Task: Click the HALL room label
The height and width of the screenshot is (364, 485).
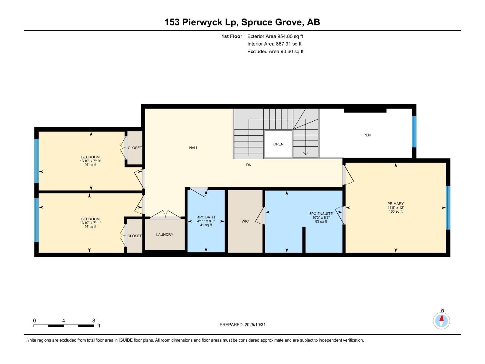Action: click(193, 148)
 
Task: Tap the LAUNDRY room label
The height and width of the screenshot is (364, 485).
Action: click(165, 234)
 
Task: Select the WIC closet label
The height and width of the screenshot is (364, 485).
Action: click(245, 221)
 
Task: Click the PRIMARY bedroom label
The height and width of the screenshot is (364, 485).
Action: click(395, 204)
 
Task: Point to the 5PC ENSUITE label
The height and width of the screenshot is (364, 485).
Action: click(321, 214)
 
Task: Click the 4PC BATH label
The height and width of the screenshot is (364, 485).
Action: click(206, 217)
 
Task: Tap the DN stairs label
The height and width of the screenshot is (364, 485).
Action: click(249, 165)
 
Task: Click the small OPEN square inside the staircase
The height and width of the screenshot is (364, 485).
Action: click(278, 144)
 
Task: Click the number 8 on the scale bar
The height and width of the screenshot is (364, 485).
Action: click(94, 321)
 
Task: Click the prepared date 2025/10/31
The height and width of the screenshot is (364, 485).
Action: click(255, 325)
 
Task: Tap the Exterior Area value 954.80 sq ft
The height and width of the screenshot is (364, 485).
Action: click(290, 36)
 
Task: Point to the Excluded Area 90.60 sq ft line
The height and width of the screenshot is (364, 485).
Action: click(275, 52)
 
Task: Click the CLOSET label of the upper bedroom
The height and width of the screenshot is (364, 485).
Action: click(135, 148)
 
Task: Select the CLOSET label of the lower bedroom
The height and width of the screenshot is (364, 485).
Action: click(134, 236)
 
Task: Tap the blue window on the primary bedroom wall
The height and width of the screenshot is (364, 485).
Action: click(448, 207)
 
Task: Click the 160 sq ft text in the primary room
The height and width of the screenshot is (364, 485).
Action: click(395, 211)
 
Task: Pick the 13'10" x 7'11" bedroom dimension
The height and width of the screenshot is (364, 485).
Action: click(90, 223)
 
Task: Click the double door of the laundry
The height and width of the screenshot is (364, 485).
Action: click(165, 216)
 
